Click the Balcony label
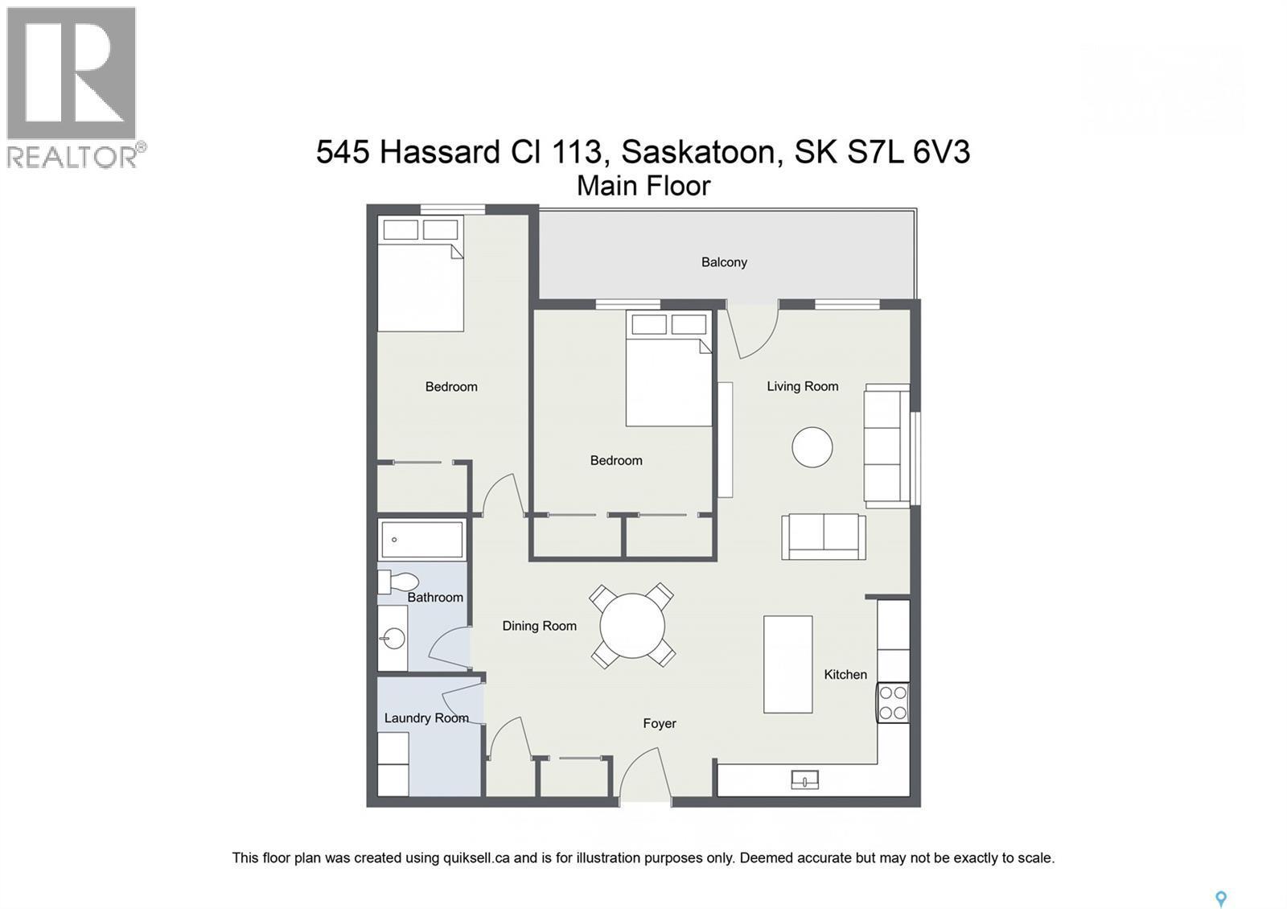pos(724,262)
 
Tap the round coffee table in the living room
pos(812,446)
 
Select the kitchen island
pos(787,664)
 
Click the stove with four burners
pos(893,702)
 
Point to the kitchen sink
pos(804,779)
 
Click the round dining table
pos(632,626)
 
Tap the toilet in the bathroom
pos(400,581)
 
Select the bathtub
pos(421,539)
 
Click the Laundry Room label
pos(426,718)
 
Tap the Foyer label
pos(659,723)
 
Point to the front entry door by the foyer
pos(643,776)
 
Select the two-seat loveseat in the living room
pos(823,537)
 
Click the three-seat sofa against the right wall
pos(886,446)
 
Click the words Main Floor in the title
pos(643,186)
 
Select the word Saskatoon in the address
pos(698,151)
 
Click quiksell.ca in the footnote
pos(476,858)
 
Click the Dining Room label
pos(539,626)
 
